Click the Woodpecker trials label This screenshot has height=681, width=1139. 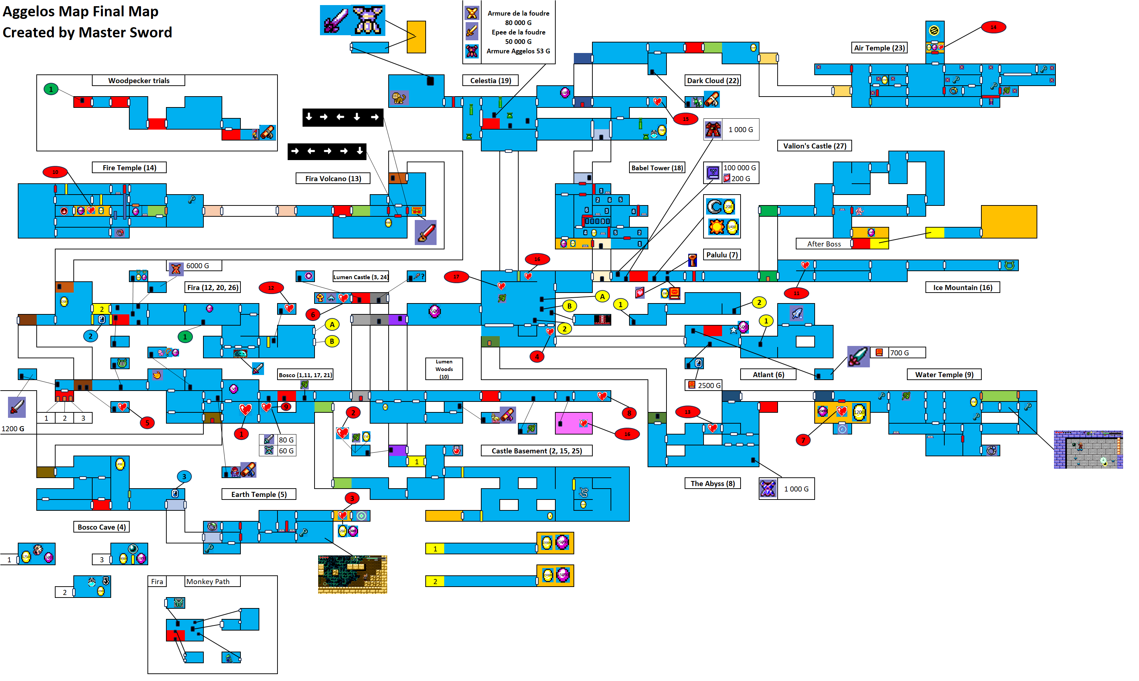(139, 80)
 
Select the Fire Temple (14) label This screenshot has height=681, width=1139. (129, 167)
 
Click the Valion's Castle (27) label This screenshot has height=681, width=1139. (814, 146)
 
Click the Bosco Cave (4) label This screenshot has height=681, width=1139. (101, 527)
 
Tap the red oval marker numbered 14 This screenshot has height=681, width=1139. (993, 27)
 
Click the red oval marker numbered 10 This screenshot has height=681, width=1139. (55, 172)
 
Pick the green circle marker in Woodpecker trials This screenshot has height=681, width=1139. (51, 89)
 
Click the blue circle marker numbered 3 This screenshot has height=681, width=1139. (184, 476)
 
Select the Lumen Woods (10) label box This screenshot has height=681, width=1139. (443, 369)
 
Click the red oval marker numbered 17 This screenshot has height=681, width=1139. (456, 277)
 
